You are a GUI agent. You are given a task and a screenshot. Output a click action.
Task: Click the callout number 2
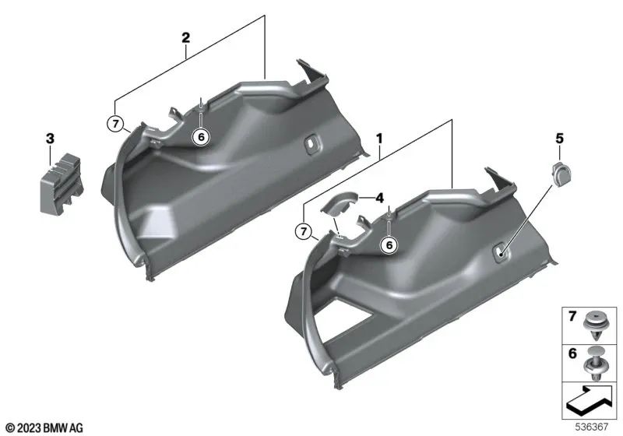[x=185, y=37]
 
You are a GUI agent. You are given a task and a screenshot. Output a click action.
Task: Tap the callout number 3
[x=49, y=139]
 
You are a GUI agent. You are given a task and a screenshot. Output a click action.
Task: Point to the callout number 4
[x=381, y=198]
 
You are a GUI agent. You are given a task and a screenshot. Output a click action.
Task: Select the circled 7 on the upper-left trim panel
[x=116, y=122]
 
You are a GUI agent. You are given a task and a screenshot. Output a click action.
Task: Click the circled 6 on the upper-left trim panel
[x=201, y=135]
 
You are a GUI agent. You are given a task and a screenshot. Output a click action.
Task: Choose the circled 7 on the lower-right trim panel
[x=301, y=230]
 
